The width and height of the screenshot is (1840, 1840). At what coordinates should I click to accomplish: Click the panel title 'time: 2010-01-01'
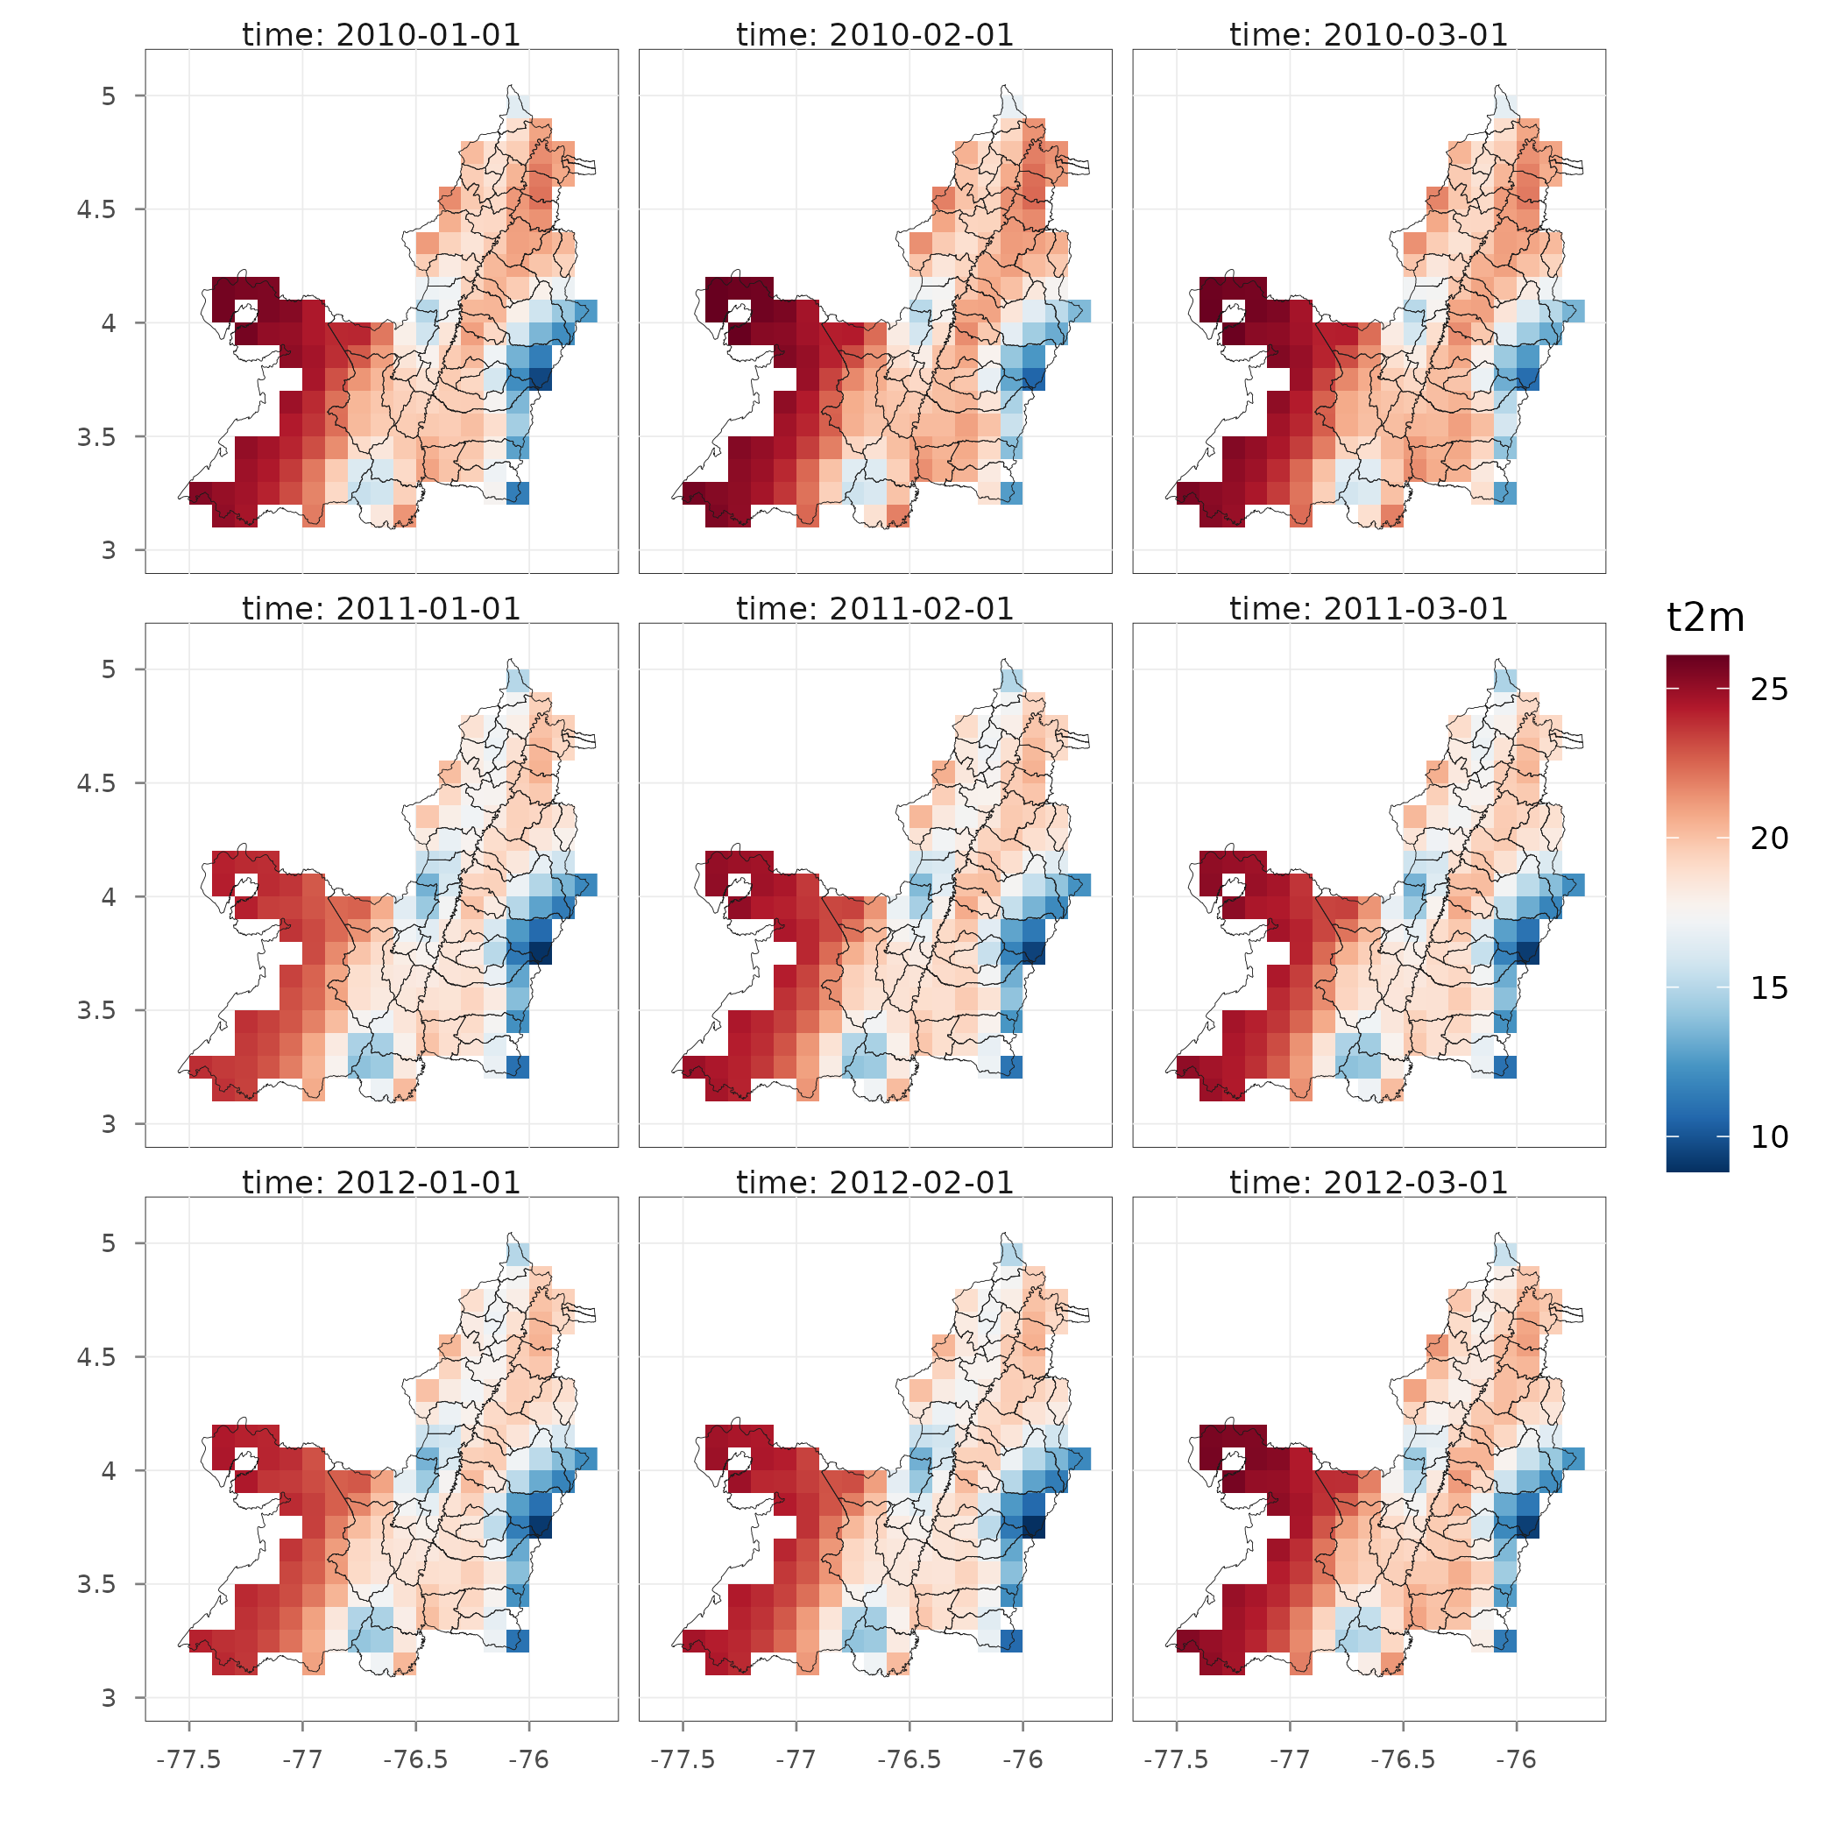point(381,35)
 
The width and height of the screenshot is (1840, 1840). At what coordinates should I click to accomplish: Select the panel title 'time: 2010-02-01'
point(875,35)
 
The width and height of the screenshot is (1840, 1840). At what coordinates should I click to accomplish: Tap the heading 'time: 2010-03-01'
point(1369,35)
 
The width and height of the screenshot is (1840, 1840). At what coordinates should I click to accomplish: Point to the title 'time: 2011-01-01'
point(381,609)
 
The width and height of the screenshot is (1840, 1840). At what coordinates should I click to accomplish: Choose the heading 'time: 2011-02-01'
point(875,609)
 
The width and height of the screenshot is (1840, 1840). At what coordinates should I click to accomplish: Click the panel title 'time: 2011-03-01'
point(1369,609)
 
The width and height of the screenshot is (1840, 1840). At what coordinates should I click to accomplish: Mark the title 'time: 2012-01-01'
point(381,1183)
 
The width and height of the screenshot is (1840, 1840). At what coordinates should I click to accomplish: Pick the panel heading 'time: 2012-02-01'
point(875,1183)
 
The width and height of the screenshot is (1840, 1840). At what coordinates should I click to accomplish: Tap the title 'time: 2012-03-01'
point(1369,1183)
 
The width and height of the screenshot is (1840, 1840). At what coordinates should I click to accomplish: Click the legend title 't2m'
point(1706,619)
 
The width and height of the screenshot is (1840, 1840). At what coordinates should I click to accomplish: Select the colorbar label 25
point(1770,690)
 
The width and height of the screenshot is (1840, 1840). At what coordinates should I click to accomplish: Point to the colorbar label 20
point(1770,839)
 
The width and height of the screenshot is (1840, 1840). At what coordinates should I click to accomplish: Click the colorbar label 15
point(1770,988)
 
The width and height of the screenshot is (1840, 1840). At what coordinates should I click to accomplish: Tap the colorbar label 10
point(1770,1136)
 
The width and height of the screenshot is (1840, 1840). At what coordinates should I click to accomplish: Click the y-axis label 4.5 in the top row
point(97,209)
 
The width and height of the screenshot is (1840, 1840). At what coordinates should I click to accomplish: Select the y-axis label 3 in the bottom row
point(109,1698)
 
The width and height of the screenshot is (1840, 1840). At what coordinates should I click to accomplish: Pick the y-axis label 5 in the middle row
point(109,669)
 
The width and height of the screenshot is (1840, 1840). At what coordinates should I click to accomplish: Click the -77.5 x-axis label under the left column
point(188,1759)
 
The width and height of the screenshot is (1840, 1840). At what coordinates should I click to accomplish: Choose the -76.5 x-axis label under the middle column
point(909,1759)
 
